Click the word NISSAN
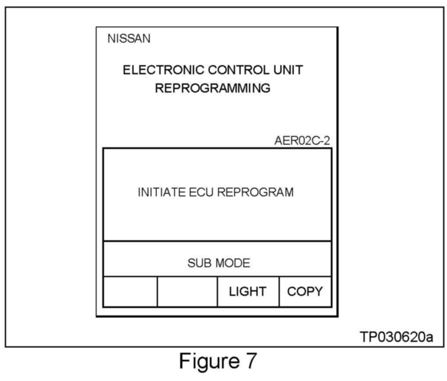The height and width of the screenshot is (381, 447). coord(129,39)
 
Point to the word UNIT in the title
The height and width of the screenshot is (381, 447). coord(288,70)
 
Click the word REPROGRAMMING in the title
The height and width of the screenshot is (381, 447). coord(212,88)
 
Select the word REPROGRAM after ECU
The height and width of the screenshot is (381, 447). coord(255,192)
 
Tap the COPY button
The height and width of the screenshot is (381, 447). coord(305,292)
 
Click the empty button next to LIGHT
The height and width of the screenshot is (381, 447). coord(187,292)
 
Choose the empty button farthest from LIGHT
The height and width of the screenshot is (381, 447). coord(130,292)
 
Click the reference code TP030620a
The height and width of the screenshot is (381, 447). coord(396,337)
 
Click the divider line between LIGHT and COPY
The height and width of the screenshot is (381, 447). coord(279,292)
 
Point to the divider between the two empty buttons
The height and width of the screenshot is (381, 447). coord(157,292)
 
